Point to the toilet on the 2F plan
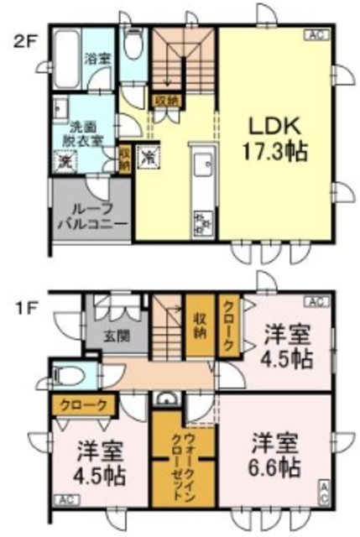tap(133, 42)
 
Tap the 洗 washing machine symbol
tap(64, 163)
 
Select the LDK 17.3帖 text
tap(275, 138)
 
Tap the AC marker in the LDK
tap(316, 35)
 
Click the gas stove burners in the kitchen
tap(204, 221)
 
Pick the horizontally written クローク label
tap(82, 404)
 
